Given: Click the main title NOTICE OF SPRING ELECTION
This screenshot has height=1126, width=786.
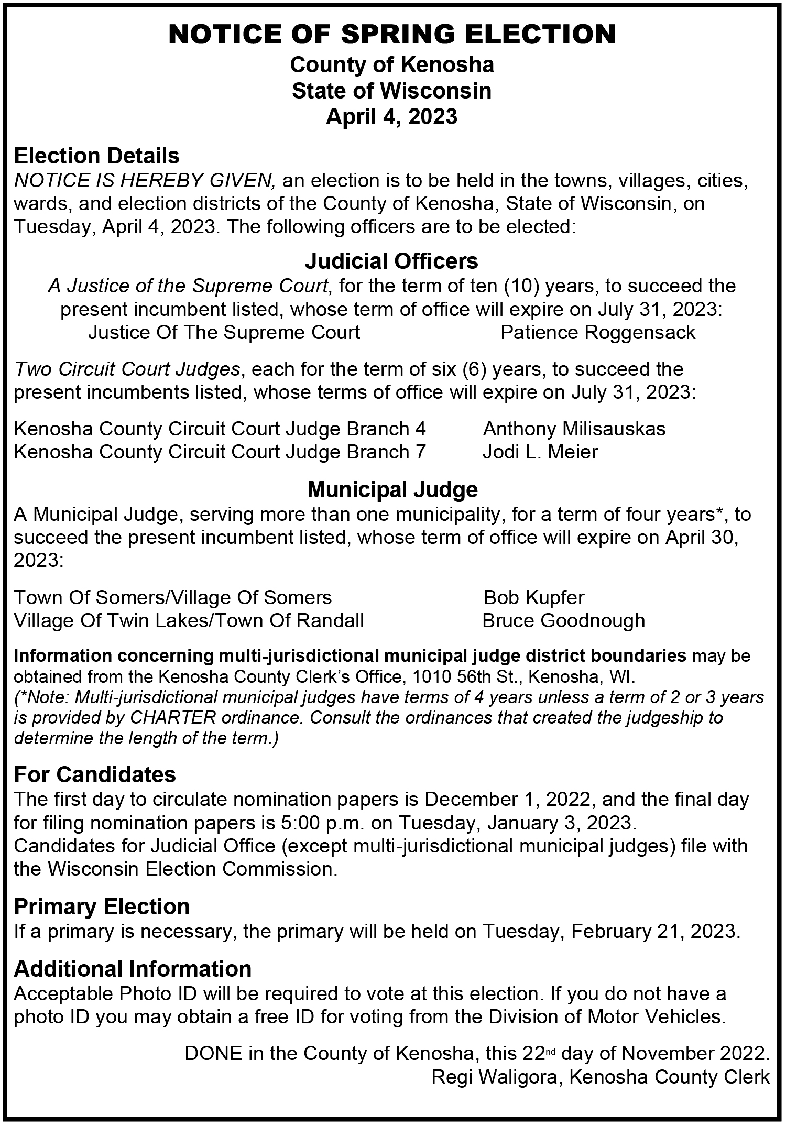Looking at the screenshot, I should pos(392,35).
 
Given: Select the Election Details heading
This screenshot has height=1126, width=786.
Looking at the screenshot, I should pos(97,156).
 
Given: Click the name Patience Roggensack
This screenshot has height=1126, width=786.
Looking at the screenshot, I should pos(598,333).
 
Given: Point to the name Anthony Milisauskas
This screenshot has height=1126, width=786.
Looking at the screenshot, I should pos(574,429).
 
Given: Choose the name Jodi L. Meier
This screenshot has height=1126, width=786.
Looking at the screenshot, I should pos(540,452).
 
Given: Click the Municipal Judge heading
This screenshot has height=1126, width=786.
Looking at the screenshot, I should pos(392,490).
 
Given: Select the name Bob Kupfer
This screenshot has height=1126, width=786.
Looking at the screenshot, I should pos(534,597).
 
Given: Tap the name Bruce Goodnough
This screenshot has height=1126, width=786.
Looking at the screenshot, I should pos(563,621).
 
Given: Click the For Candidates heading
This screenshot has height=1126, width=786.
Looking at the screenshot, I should pos(95,774).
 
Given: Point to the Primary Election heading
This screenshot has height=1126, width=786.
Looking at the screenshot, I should pos(102,907).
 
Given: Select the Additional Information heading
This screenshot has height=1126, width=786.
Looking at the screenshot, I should pos(133,969).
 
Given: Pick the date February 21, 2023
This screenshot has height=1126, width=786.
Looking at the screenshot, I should pos(655,932).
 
